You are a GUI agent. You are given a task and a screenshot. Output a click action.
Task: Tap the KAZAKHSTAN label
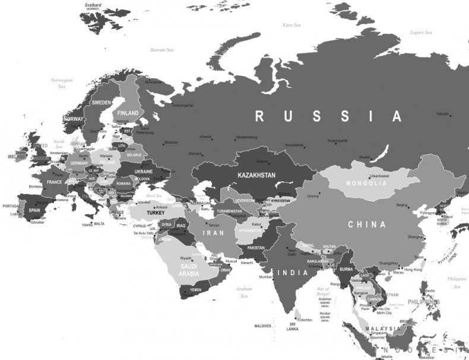(x=256, y=176)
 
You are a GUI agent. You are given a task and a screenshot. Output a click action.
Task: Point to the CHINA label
(x=367, y=225)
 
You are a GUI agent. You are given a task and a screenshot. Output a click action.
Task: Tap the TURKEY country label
(x=156, y=212)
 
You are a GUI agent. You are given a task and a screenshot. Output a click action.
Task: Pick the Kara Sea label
(x=292, y=25)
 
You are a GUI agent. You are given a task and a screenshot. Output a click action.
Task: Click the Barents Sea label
(x=162, y=50)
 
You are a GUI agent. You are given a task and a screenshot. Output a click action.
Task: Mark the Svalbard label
(x=93, y=5)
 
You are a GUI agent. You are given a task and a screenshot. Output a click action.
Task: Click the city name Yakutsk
(x=442, y=113)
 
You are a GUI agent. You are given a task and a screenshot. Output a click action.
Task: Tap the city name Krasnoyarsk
(x=338, y=141)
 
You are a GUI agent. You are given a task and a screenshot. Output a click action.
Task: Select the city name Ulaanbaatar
(x=380, y=176)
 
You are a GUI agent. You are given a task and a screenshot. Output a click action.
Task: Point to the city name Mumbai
(x=265, y=277)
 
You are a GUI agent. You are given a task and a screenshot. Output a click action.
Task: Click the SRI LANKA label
(x=293, y=326)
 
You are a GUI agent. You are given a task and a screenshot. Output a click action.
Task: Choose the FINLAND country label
(x=128, y=113)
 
